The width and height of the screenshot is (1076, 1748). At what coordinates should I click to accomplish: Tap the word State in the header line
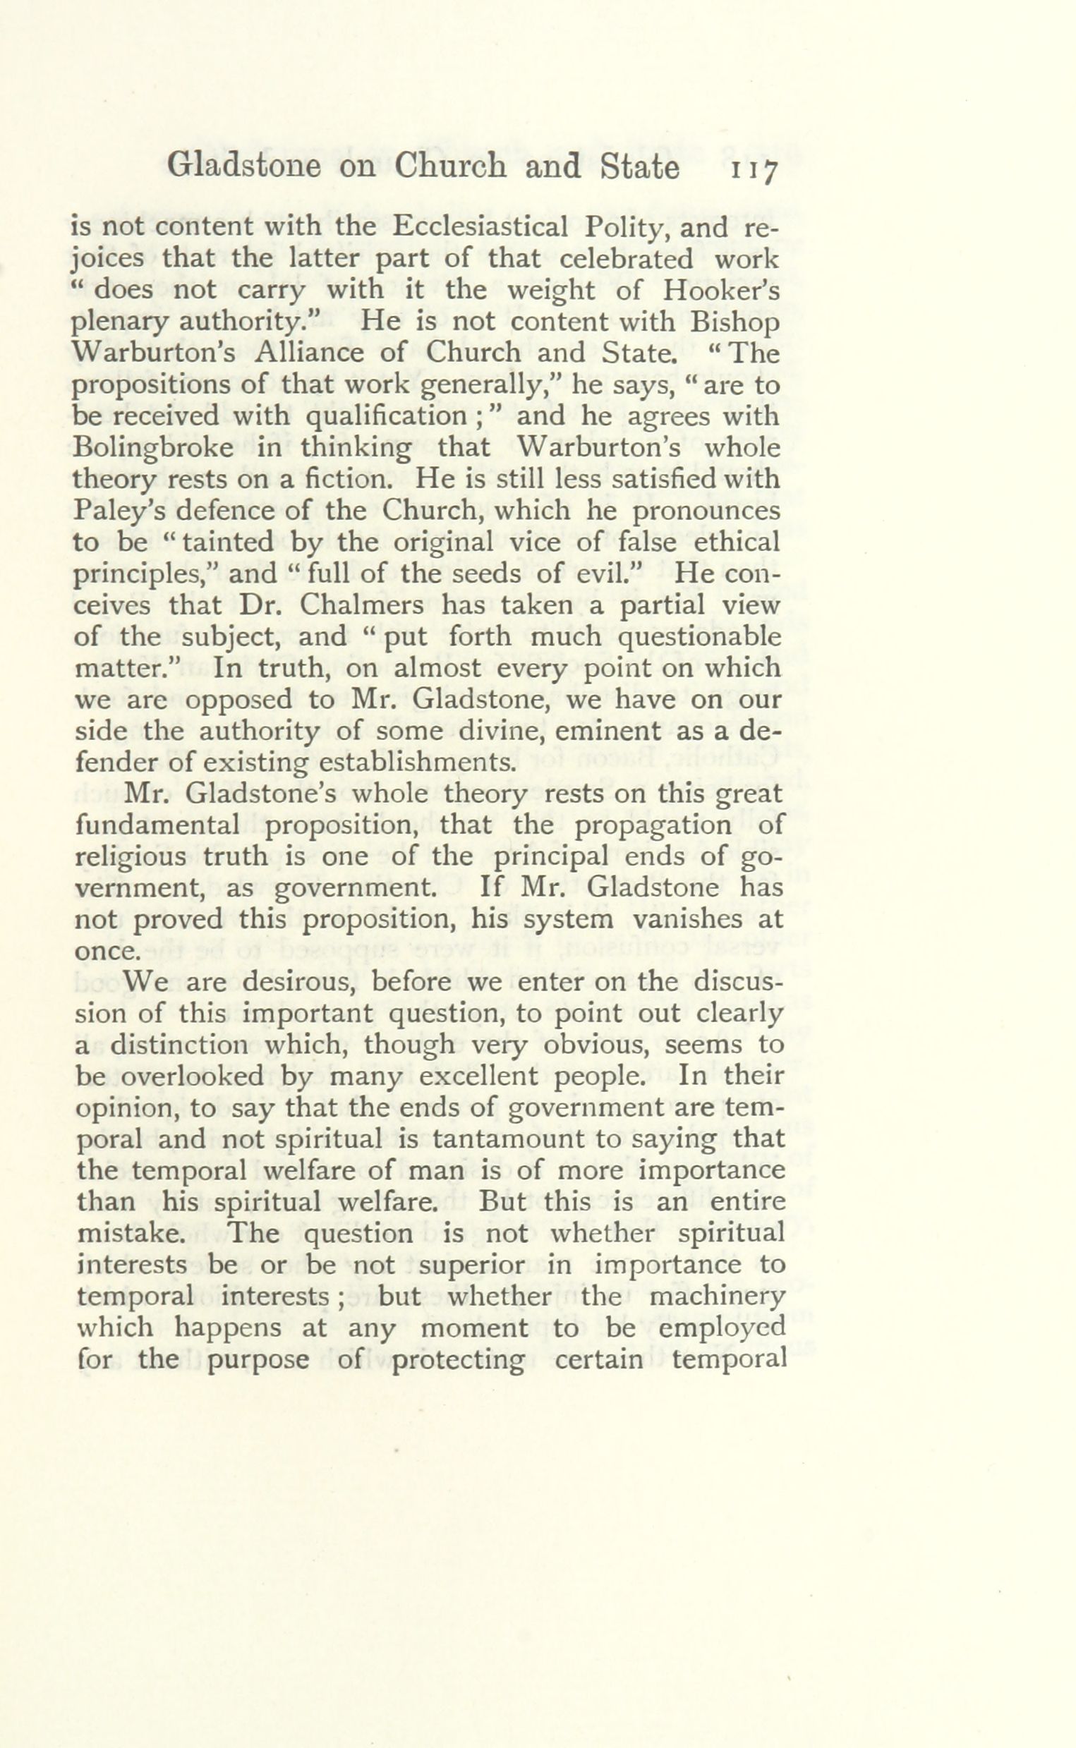[x=640, y=168]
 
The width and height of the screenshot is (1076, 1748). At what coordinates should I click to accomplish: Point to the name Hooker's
[x=721, y=290]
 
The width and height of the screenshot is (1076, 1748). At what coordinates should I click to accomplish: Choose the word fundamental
[x=157, y=825]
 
